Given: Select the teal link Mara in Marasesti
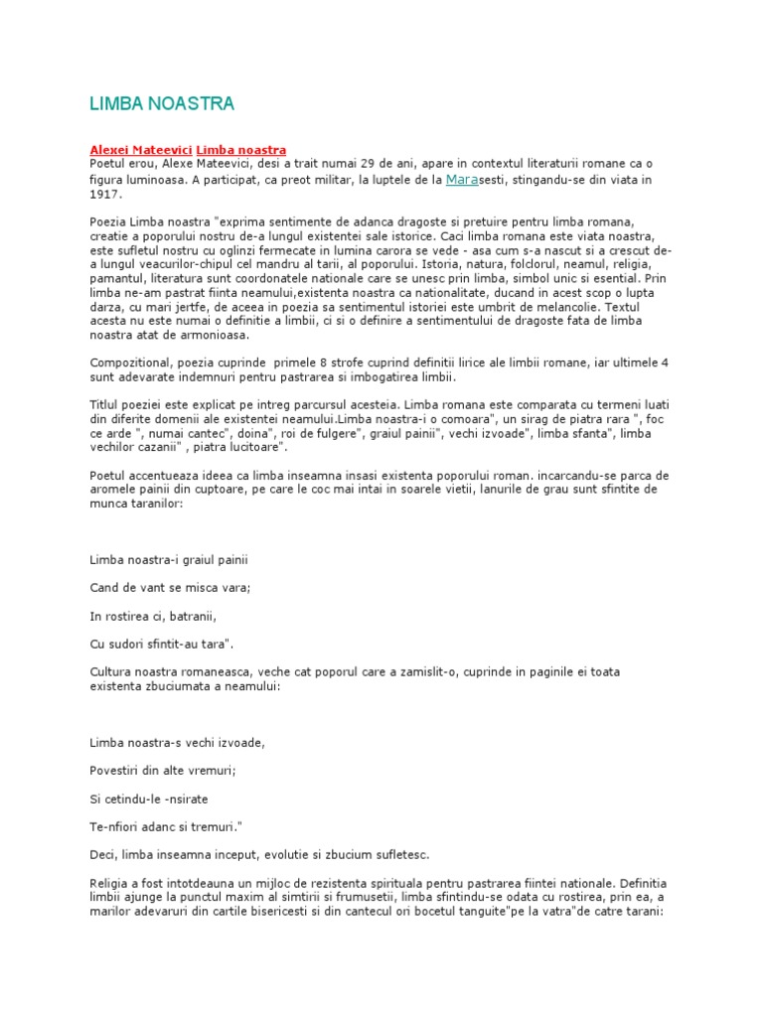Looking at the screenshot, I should click(x=463, y=179).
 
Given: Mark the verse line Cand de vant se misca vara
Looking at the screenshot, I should click(x=170, y=588).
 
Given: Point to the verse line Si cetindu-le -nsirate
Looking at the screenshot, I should click(x=149, y=798).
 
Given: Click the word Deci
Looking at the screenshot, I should click(x=102, y=854).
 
